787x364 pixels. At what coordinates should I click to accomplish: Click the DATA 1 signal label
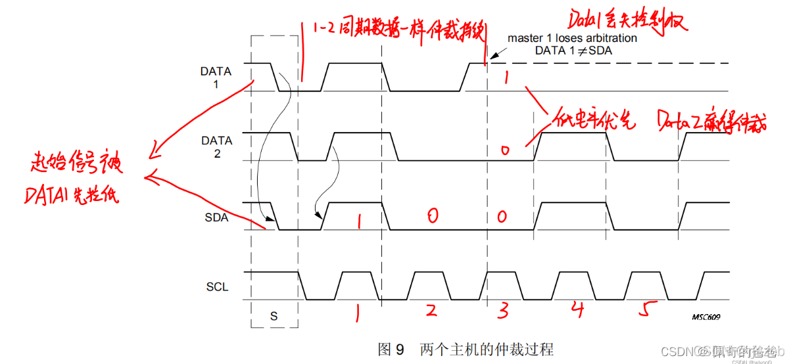pyautogui.click(x=216, y=77)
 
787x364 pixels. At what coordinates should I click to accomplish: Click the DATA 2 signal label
pyautogui.click(x=216, y=147)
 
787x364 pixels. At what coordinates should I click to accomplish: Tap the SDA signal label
pyautogui.click(x=216, y=217)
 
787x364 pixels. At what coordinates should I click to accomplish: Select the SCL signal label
pyautogui.click(x=216, y=287)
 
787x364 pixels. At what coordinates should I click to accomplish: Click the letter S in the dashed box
pyautogui.click(x=274, y=315)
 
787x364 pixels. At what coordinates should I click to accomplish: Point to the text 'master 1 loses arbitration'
pyautogui.click(x=572, y=38)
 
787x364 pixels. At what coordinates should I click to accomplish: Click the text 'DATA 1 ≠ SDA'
pyautogui.click(x=577, y=51)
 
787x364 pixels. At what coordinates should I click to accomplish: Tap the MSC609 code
pyautogui.click(x=705, y=317)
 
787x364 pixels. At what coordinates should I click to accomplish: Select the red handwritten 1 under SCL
pyautogui.click(x=357, y=314)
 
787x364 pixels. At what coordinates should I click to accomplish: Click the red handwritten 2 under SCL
pyautogui.click(x=431, y=310)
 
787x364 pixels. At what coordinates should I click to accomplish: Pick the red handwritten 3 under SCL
pyautogui.click(x=503, y=311)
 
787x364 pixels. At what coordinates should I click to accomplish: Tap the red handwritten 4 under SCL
pyautogui.click(x=577, y=309)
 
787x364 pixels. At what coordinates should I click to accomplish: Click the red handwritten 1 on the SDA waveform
pyautogui.click(x=359, y=221)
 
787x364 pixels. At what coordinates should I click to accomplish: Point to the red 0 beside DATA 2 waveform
pyautogui.click(x=504, y=150)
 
